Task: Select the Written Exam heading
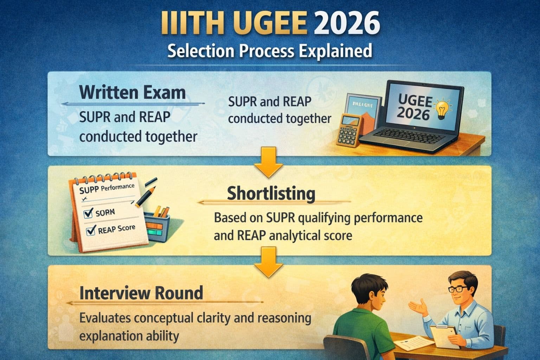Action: pos(133,92)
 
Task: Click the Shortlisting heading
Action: pos(271,193)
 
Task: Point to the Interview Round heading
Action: pos(141,293)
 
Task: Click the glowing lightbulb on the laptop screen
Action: pos(441,109)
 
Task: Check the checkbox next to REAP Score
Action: pos(91,231)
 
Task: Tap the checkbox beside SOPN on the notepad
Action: pos(88,213)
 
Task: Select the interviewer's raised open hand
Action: pos(418,307)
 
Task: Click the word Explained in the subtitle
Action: pos(335,51)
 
